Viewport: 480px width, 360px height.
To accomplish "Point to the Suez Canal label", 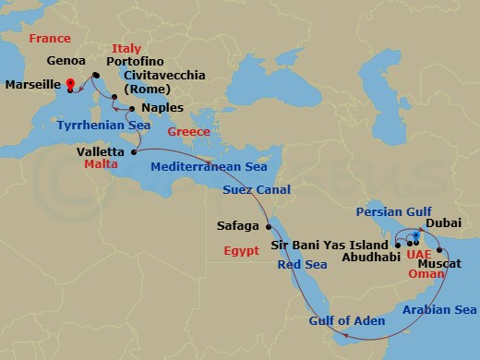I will (257, 190).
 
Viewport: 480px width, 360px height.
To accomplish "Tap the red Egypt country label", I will (242, 250).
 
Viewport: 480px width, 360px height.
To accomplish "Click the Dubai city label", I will (443, 222).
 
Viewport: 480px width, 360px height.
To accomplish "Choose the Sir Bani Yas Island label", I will (330, 245).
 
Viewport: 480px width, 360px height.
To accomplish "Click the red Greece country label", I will (189, 131).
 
